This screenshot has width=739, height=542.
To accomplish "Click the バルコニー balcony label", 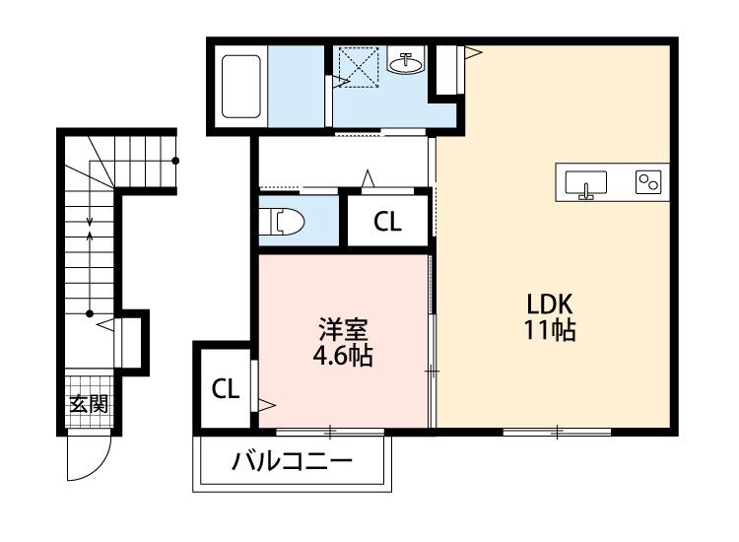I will [292, 462].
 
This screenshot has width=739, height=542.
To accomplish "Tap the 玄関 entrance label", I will [88, 403].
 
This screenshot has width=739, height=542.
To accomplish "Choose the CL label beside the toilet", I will [387, 222].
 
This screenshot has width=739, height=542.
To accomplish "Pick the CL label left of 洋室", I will [226, 389].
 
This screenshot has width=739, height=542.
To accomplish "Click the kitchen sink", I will [586, 183].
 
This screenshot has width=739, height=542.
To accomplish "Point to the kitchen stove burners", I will [647, 183].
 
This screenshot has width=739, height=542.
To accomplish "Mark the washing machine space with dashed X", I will [357, 66].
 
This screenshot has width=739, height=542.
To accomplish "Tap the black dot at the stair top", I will [176, 160].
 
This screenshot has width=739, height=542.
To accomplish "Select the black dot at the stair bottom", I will [90, 314].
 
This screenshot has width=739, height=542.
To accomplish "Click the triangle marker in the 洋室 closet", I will [266, 402].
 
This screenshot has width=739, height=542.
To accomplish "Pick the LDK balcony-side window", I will [557, 431].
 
